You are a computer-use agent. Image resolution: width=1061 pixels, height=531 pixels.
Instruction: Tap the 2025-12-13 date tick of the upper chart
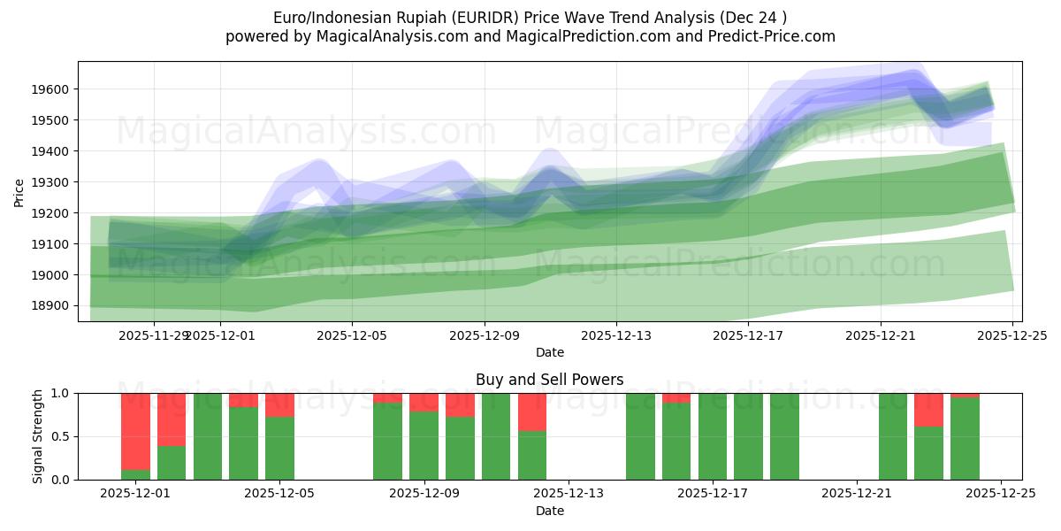(616, 335)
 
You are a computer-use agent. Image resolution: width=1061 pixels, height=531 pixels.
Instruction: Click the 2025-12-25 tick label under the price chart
(1012, 335)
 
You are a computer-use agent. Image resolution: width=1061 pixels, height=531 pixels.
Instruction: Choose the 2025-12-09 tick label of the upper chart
(485, 335)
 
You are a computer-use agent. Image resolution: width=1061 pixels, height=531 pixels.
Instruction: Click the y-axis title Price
(19, 191)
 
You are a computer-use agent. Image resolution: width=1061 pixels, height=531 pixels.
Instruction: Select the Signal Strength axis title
(37, 436)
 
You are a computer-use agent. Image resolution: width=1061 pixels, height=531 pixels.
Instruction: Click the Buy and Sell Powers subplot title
(549, 380)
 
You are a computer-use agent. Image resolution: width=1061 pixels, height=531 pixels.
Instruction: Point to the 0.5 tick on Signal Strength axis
(61, 436)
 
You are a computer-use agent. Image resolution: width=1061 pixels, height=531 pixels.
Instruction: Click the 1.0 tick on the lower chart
(61, 393)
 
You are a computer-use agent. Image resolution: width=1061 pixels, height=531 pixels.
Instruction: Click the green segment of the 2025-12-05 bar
(279, 449)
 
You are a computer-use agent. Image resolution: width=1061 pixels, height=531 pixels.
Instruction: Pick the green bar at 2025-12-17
(713, 436)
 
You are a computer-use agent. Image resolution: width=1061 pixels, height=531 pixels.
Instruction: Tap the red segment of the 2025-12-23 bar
(928, 410)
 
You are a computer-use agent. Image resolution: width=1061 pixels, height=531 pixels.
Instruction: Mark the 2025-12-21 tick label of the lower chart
(857, 494)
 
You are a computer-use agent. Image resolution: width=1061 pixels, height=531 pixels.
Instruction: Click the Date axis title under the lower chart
(549, 511)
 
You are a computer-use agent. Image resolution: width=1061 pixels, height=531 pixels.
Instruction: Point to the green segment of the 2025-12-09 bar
(424, 446)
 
